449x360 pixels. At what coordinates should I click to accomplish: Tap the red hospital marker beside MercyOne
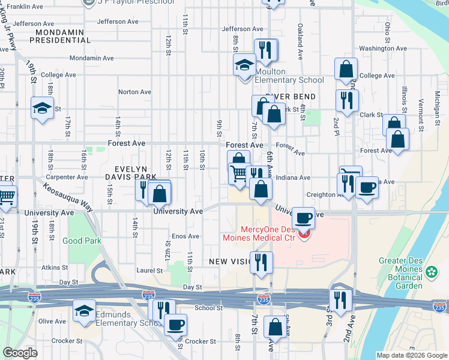pyautogui.click(x=304, y=235)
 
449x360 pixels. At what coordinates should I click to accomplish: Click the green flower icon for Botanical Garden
pyautogui.click(x=431, y=273)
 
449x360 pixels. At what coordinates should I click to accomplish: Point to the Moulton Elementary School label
pyautogui.click(x=289, y=76)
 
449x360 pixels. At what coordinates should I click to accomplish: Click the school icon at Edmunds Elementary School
pyautogui.click(x=83, y=311)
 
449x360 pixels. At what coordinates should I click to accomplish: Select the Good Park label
pyautogui.click(x=82, y=241)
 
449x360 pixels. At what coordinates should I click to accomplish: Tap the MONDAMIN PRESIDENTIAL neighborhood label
pyautogui.click(x=63, y=36)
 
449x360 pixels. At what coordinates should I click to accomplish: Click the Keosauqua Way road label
pyautogui.click(x=67, y=196)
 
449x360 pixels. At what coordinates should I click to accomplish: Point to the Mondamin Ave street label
pyautogui.click(x=91, y=59)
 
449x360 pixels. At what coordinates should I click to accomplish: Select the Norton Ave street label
pyautogui.click(x=134, y=92)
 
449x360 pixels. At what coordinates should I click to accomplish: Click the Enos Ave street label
pyautogui.click(x=185, y=236)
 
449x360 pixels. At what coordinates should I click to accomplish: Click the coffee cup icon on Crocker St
pyautogui.click(x=175, y=324)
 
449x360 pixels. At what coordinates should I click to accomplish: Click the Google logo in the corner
pyautogui.click(x=20, y=353)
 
